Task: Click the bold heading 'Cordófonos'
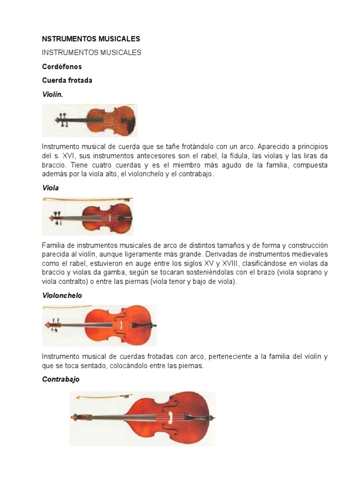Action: [62, 67]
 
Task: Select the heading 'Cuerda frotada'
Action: [67, 80]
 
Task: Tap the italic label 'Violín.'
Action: [52, 94]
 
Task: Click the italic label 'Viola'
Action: [50, 188]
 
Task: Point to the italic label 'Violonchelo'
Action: [62, 296]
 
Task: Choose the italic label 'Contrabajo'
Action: [61, 379]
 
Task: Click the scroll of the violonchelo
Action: [48, 325]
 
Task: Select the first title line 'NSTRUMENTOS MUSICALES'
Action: [91, 39]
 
